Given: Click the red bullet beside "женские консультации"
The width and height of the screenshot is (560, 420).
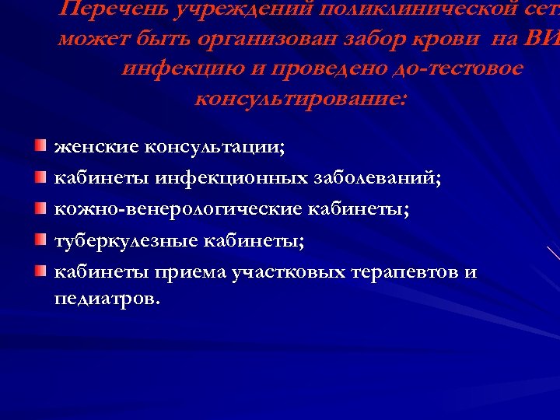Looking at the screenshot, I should click(x=40, y=145).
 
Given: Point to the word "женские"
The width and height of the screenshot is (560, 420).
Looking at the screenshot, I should click(x=91, y=146).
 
